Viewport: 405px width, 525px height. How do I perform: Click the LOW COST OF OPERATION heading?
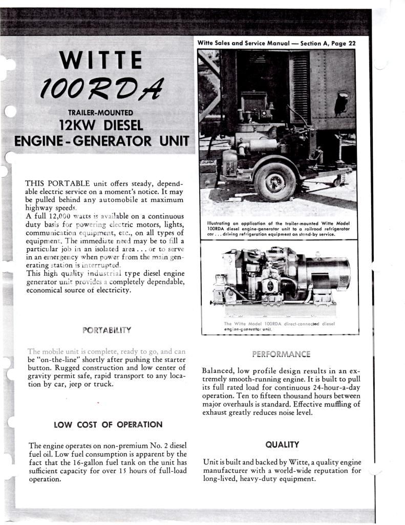pyautogui.click(x=108, y=425)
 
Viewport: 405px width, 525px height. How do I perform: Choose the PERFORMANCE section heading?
pyautogui.click(x=281, y=354)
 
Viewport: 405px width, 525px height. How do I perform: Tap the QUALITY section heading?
pyautogui.click(x=282, y=445)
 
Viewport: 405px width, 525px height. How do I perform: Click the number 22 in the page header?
pyautogui.click(x=352, y=44)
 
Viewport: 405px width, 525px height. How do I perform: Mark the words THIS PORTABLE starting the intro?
pyautogui.click(x=57, y=184)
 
